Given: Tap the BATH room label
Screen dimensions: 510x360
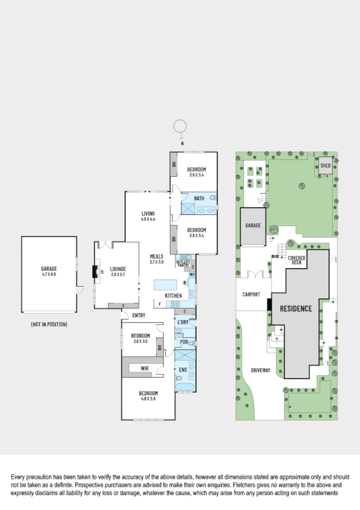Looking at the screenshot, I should pyautogui.click(x=199, y=198).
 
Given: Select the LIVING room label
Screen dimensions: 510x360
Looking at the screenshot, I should pyautogui.click(x=148, y=214).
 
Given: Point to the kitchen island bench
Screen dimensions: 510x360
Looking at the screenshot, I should pyautogui.click(x=168, y=284).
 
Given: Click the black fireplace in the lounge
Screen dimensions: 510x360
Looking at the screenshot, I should pyautogui.click(x=94, y=272).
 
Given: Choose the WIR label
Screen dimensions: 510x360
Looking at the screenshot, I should pyautogui.click(x=144, y=367).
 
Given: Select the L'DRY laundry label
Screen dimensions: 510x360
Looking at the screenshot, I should pyautogui.click(x=183, y=322).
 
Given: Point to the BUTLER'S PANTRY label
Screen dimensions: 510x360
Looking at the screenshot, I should pyautogui.click(x=184, y=263).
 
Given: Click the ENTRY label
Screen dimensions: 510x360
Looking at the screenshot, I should pyautogui.click(x=138, y=315).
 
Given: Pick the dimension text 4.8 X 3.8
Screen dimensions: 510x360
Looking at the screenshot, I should pyautogui.click(x=148, y=398).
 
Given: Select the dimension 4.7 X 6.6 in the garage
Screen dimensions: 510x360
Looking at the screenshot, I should pyautogui.click(x=49, y=274).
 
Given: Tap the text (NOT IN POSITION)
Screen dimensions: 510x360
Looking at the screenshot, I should pyautogui.click(x=49, y=325).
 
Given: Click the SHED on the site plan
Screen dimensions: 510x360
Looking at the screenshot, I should pyautogui.click(x=325, y=165).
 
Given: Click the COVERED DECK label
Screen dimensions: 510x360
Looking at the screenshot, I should pyautogui.click(x=297, y=260).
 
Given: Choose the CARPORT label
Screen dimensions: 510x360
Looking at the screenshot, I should pyautogui.click(x=251, y=295).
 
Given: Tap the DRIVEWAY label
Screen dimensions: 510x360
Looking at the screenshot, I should pyautogui.click(x=261, y=370).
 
